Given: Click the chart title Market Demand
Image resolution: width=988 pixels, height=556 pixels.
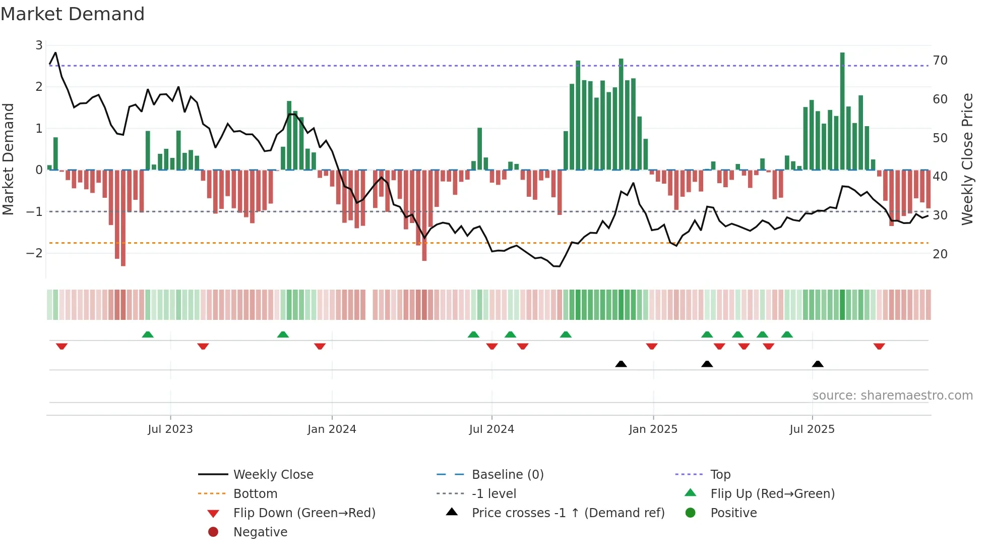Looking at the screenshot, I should click(73, 14).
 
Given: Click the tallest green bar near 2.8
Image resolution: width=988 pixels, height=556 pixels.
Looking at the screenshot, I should click(842, 111).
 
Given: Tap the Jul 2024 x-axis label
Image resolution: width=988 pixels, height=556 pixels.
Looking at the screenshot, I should click(491, 429).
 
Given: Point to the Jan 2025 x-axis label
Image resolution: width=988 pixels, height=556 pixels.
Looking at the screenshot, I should click(653, 429).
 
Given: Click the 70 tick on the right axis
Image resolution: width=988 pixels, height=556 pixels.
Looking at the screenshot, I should click(940, 61).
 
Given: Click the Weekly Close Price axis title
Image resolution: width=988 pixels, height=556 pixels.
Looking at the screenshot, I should click(967, 159).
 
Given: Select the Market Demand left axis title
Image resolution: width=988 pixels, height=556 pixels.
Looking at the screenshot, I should click(8, 159).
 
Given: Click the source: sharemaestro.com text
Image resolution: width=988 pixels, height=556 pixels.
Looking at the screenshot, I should click(892, 396).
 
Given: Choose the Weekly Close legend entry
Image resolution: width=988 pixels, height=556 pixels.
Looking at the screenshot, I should click(273, 475).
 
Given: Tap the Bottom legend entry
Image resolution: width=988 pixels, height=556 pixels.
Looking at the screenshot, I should click(255, 494).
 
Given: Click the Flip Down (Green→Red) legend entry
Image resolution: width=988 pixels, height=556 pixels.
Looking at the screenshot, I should click(304, 513).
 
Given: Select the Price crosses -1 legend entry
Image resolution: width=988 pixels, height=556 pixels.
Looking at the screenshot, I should click(568, 513).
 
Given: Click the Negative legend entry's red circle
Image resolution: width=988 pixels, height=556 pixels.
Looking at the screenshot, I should click(213, 532).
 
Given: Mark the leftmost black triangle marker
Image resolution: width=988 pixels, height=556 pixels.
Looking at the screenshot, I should click(621, 364).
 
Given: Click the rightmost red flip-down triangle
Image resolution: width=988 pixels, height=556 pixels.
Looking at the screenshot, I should click(879, 346).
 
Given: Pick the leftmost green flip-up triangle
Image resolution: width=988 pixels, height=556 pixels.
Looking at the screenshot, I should click(148, 335).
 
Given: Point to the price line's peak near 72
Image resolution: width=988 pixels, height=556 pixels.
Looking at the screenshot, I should click(55, 52).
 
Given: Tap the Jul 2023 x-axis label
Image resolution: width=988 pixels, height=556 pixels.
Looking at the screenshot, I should click(170, 429).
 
